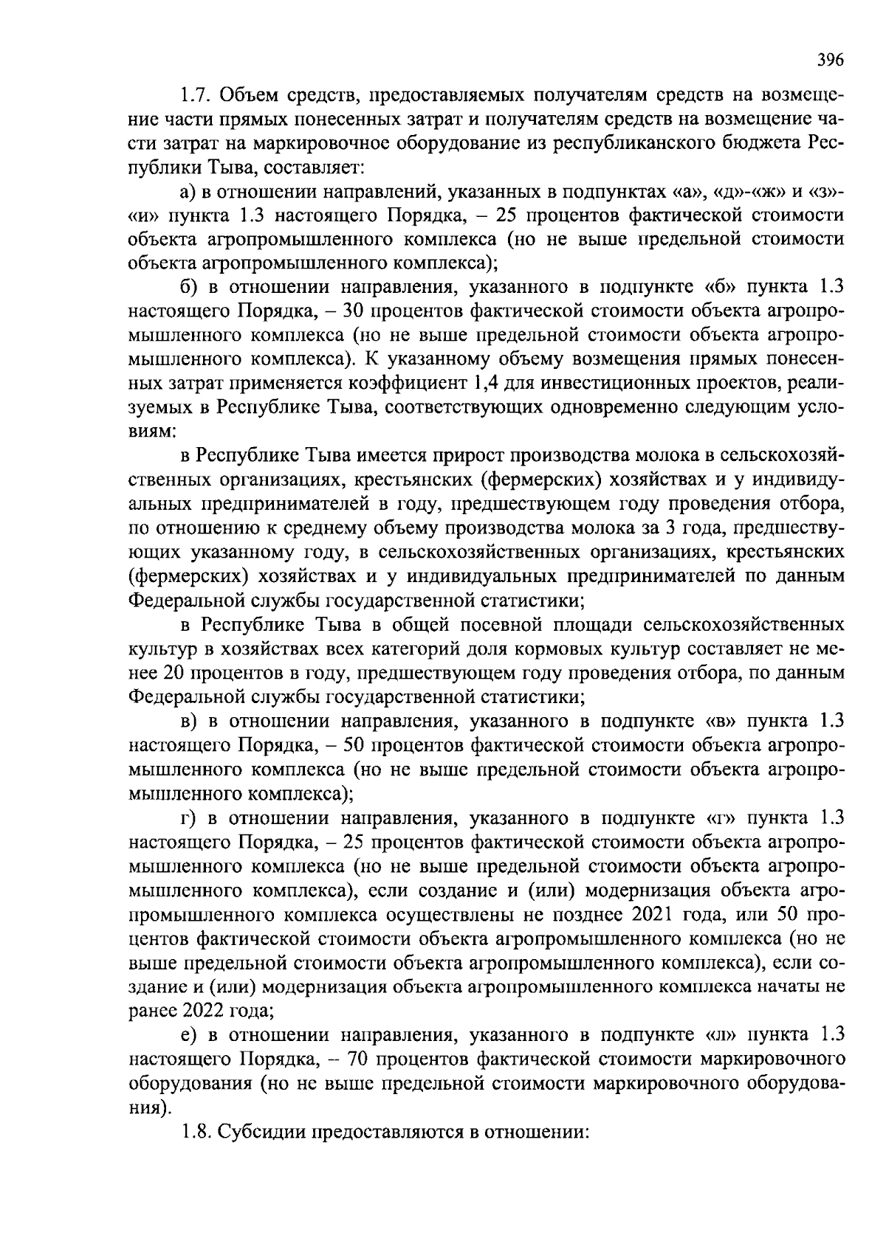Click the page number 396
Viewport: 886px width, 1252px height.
(830, 60)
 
